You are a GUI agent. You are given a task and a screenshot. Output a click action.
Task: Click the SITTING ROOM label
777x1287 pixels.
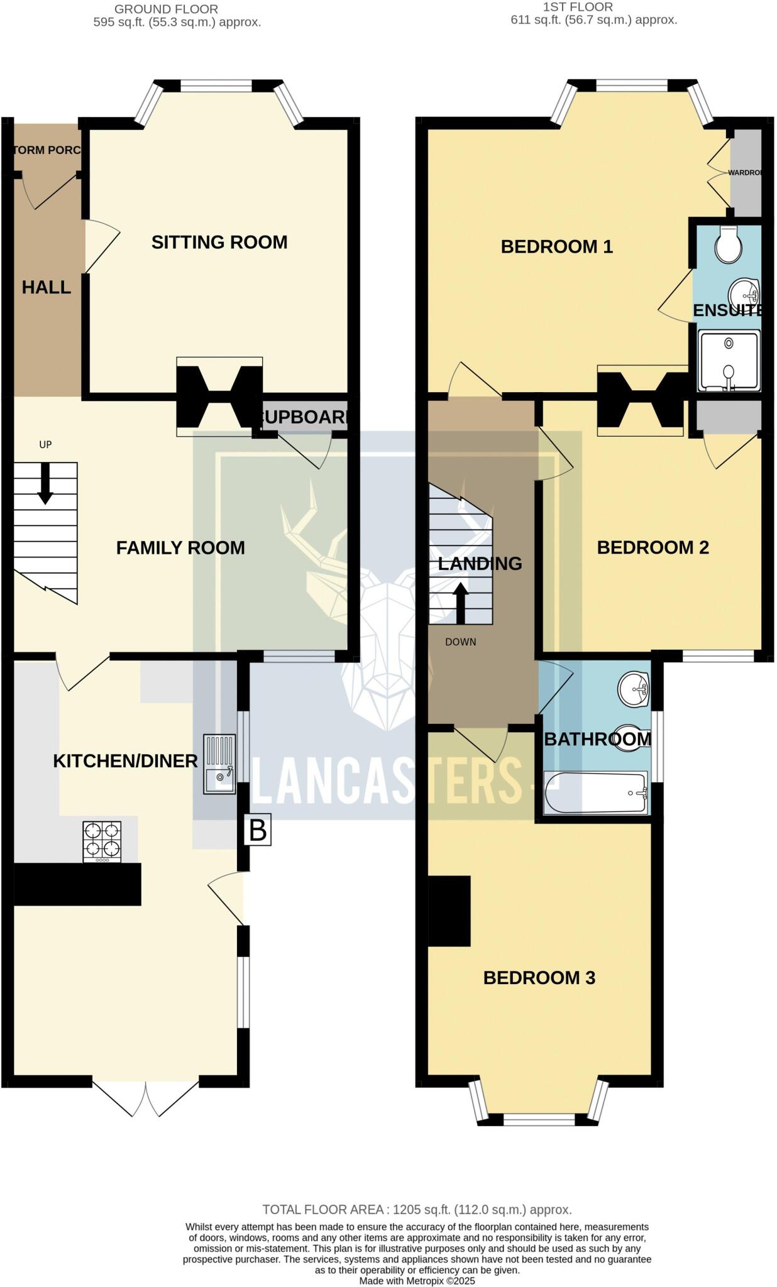tap(219, 242)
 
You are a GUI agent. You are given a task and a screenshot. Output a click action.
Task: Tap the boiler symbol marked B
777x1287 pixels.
tap(258, 830)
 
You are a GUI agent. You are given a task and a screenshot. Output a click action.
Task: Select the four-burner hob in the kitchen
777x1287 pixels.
tap(102, 842)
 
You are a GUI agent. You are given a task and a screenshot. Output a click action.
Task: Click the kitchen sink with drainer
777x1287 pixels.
tap(219, 764)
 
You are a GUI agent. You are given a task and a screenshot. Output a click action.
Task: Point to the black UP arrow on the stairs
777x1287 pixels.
tap(45, 484)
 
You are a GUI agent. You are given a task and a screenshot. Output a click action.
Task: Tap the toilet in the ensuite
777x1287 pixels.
tap(728, 244)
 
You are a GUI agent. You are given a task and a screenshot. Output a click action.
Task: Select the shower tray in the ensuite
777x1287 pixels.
tap(729, 360)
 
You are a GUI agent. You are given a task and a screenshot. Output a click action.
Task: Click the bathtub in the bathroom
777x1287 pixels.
tap(595, 793)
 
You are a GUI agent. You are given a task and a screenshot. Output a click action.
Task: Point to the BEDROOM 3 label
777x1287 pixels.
tap(539, 977)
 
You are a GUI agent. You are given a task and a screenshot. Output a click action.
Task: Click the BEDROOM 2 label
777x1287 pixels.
tap(653, 547)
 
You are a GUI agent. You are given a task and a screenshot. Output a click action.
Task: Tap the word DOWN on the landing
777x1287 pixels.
tap(460, 642)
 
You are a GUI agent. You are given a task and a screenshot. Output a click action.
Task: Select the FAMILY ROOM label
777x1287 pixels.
tap(180, 547)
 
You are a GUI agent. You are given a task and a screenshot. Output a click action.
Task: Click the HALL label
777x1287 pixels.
tap(46, 287)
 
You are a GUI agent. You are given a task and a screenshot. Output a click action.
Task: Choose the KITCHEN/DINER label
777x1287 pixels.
tap(125, 761)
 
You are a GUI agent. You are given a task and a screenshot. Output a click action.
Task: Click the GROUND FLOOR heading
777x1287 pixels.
tap(166, 9)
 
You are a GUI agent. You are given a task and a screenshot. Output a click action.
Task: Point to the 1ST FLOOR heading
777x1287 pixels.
tap(577, 7)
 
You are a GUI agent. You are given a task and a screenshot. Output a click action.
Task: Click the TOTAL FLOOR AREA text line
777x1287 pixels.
tap(417, 1209)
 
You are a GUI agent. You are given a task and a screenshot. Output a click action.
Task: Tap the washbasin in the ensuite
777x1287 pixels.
tap(744, 293)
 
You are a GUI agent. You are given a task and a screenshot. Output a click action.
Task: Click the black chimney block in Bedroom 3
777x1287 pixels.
tap(449, 911)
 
